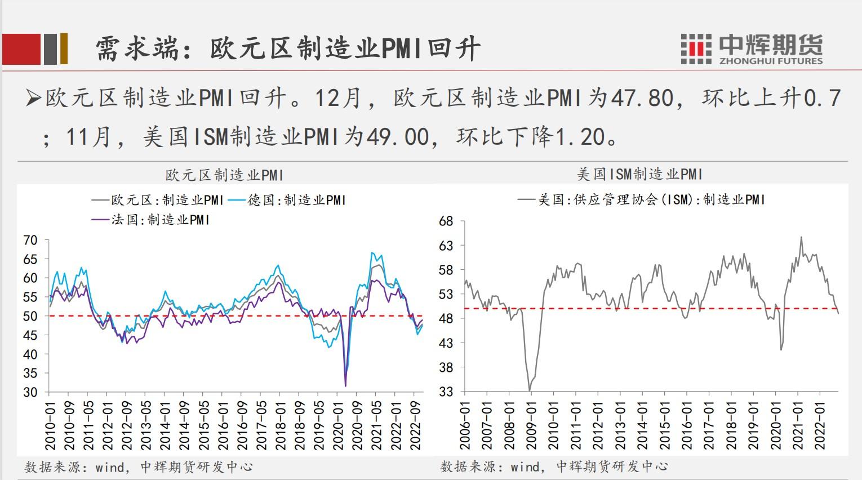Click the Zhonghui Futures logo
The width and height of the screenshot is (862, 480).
[752, 48]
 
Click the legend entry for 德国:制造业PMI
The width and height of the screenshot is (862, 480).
[296, 200]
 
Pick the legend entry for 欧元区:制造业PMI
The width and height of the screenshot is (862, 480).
[158, 200]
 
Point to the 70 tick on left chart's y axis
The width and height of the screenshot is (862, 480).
[30, 241]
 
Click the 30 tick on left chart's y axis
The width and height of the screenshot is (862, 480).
[30, 392]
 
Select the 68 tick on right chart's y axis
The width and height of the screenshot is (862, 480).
[446, 221]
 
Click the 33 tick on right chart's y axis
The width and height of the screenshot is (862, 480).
[446, 391]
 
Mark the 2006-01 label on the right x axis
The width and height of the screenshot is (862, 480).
[465, 424]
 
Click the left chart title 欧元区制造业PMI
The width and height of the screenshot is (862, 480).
[224, 175]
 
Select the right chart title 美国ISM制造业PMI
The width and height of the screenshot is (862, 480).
[641, 174]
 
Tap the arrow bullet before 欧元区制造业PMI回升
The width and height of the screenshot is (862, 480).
[33, 99]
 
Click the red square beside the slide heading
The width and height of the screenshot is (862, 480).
[21, 49]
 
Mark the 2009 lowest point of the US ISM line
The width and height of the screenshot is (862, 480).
[530, 390]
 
